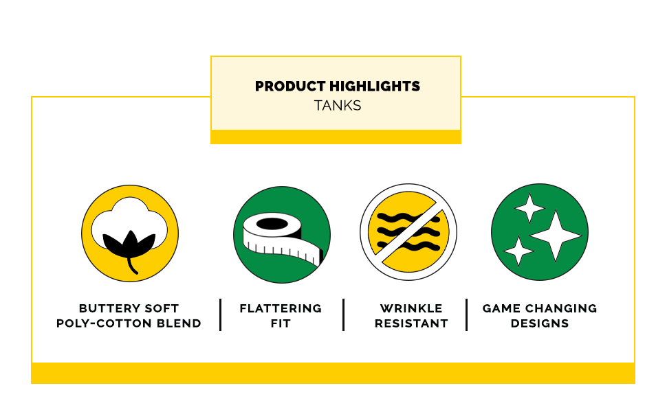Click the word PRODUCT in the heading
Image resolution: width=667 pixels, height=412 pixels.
click(x=290, y=87)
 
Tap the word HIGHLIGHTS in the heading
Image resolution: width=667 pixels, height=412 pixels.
click(x=375, y=87)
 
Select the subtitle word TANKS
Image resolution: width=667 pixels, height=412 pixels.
click(x=338, y=105)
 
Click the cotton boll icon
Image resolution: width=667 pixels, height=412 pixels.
click(x=130, y=233)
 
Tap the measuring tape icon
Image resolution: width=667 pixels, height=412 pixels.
click(x=282, y=234)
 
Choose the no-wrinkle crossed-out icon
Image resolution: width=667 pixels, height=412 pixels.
click(x=408, y=232)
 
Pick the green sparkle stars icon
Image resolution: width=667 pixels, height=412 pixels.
click(x=540, y=232)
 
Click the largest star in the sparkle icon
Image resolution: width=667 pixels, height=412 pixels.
click(x=556, y=236)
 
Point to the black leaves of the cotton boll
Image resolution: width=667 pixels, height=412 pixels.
click(x=129, y=245)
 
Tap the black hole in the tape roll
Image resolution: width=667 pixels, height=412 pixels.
click(x=272, y=223)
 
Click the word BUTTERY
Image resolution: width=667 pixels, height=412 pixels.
click(x=108, y=308)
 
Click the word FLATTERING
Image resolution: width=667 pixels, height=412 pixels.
click(x=281, y=308)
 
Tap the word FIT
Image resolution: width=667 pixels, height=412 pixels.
click(x=281, y=323)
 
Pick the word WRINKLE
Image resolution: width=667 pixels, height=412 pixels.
click(x=411, y=308)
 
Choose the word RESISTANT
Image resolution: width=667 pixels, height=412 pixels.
click(x=411, y=323)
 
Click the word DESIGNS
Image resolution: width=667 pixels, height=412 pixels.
click(x=540, y=323)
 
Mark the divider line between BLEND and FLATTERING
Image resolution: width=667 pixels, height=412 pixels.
click(x=220, y=314)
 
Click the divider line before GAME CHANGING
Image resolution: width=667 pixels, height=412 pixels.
click(x=467, y=314)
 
